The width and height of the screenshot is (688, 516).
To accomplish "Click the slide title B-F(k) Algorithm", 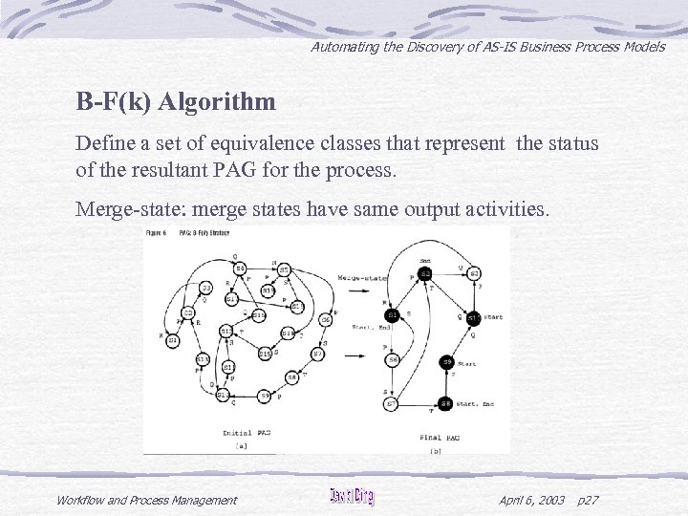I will [176, 101].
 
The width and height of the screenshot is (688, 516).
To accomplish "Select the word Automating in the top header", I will [345, 46].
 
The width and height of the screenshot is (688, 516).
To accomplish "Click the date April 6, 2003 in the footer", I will [532, 500].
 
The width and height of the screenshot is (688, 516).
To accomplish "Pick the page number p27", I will [590, 500].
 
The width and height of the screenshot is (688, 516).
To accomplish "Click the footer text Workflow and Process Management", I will [146, 500].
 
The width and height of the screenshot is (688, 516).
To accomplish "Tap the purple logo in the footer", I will [352, 497].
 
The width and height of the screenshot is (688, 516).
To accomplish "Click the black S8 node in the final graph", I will [446, 403].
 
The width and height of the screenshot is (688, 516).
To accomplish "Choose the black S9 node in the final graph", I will [446, 362].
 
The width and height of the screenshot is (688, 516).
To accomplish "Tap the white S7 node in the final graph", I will [392, 403].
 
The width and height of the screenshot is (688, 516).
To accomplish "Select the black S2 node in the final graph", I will [425, 274].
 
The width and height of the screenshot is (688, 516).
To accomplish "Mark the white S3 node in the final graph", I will [474, 274].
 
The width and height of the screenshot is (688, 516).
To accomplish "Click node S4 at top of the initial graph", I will [240, 268].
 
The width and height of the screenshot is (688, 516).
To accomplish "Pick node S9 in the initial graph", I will [265, 396].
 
